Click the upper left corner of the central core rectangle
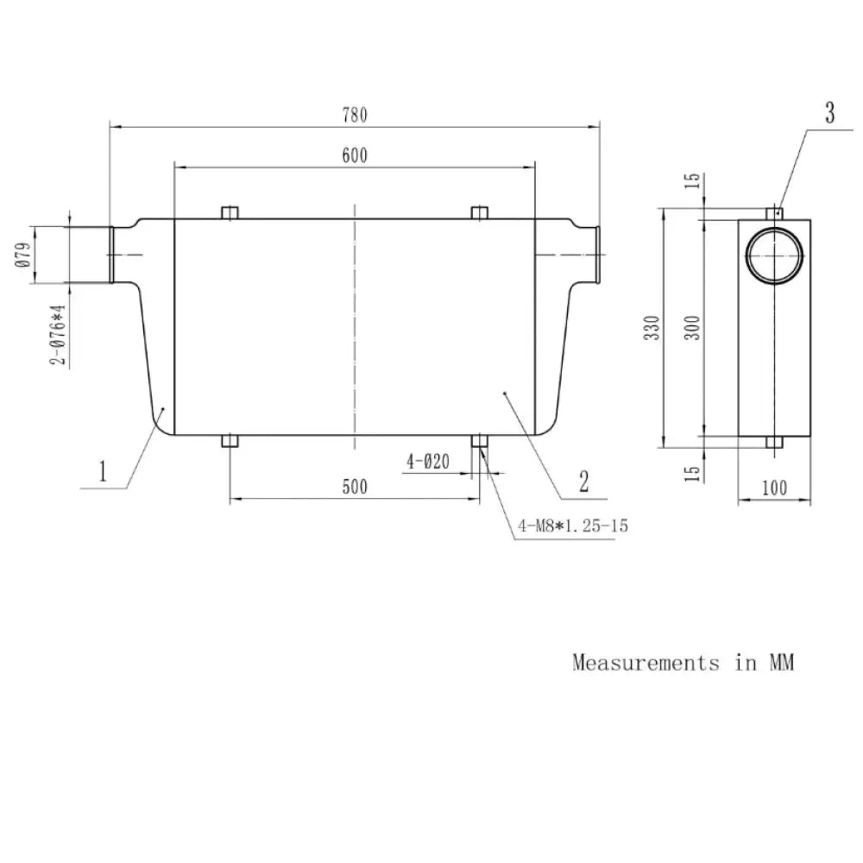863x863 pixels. pyautogui.click(x=174, y=219)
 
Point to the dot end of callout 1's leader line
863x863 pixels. pyautogui.click(x=163, y=408)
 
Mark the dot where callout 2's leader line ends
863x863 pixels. pyautogui.click(x=504, y=393)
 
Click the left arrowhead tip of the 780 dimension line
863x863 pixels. pyautogui.click(x=110, y=127)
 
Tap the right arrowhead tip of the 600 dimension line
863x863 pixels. pyautogui.click(x=535, y=167)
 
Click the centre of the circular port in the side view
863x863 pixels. pyautogui.click(x=774, y=255)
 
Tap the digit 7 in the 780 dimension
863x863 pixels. pyautogui.click(x=347, y=115)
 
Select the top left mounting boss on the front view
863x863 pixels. pyautogui.click(x=230, y=213)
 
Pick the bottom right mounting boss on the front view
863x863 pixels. pyautogui.click(x=480, y=441)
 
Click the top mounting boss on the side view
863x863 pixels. pyautogui.click(x=774, y=213)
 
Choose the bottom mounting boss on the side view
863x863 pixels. pyautogui.click(x=774, y=442)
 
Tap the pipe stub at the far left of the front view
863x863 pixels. pyautogui.click(x=111, y=255)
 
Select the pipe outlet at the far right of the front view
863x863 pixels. pyautogui.click(x=597, y=255)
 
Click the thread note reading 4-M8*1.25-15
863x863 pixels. pyautogui.click(x=573, y=526)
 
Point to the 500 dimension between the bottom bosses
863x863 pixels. pyautogui.click(x=355, y=487)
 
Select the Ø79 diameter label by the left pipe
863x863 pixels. pyautogui.click(x=23, y=255)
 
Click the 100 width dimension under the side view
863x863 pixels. pyautogui.click(x=774, y=488)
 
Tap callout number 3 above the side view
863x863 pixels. pyautogui.click(x=830, y=112)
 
